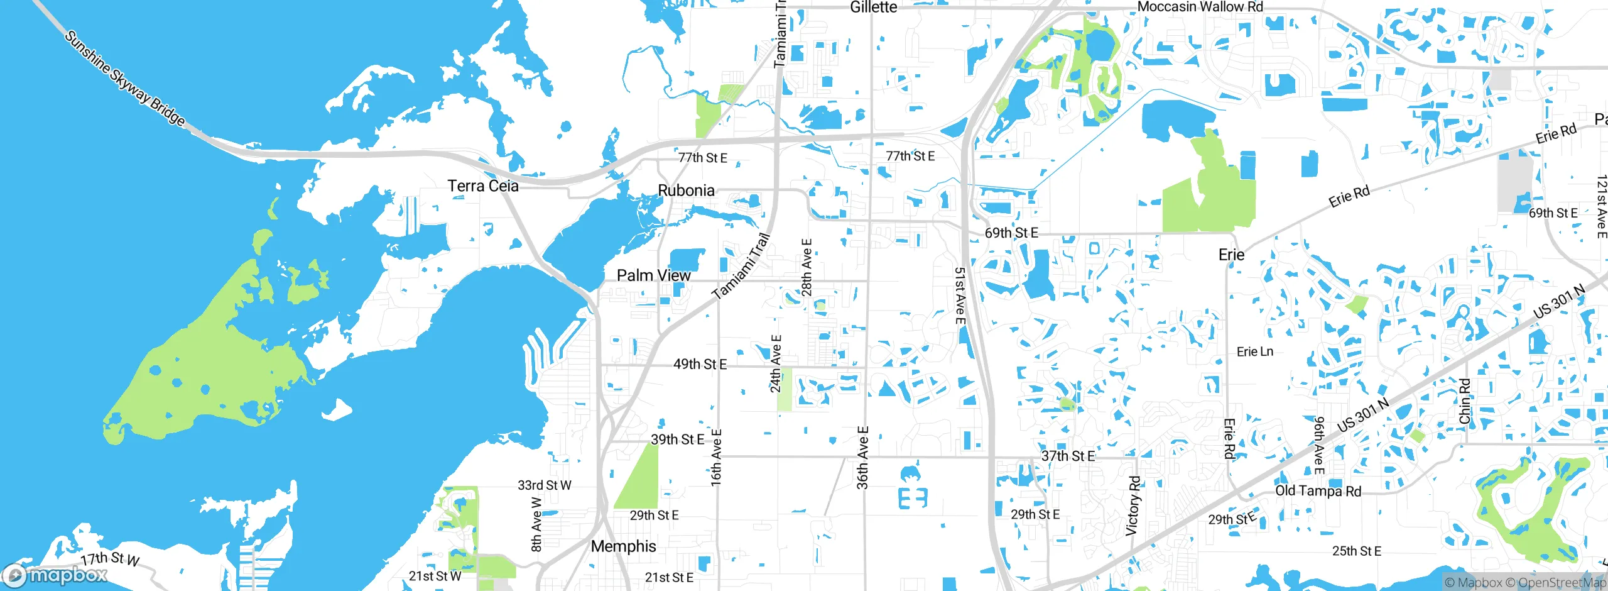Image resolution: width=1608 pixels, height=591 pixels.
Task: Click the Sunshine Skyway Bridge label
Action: (x=126, y=78)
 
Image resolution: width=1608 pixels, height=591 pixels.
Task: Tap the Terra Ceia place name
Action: (x=483, y=186)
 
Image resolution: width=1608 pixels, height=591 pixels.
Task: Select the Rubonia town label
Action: (x=686, y=191)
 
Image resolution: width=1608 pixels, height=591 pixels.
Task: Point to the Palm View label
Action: (x=653, y=275)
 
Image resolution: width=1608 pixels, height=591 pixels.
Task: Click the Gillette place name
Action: (x=873, y=8)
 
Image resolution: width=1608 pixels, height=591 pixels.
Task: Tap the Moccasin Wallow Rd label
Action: (x=1200, y=7)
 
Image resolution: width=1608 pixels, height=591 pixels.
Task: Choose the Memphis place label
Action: (x=623, y=546)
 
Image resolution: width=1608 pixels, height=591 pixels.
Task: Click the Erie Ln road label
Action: (x=1254, y=351)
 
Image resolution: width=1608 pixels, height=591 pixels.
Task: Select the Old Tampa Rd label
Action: (x=1318, y=491)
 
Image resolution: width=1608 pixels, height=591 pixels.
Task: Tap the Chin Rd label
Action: (x=1465, y=401)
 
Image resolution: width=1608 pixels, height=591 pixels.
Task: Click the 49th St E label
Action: (x=700, y=364)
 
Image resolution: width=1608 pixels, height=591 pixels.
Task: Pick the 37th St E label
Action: (x=1068, y=456)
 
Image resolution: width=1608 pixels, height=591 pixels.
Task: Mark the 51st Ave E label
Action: (x=960, y=296)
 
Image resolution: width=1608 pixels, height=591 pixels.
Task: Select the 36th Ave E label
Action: (x=863, y=457)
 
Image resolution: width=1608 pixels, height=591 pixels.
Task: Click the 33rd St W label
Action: (x=544, y=485)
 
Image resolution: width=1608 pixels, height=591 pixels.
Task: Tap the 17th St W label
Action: (x=110, y=558)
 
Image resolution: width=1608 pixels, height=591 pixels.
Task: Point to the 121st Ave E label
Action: (x=1601, y=207)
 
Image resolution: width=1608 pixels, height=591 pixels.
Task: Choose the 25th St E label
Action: (x=1357, y=551)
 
